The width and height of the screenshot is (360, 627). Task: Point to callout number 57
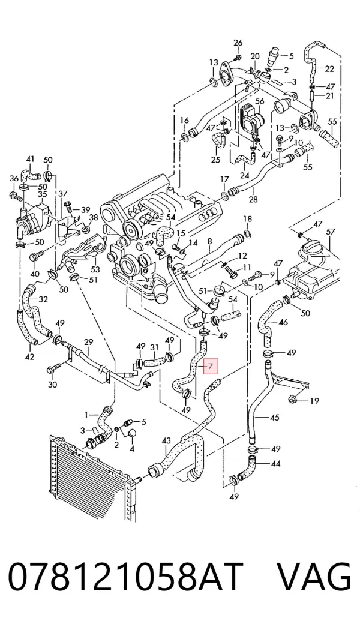click(330, 232)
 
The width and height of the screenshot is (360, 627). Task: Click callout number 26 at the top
click(238, 43)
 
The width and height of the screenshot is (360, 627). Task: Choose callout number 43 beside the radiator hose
click(166, 440)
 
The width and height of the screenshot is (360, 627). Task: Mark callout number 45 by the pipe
click(274, 418)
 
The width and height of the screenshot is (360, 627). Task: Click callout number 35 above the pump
click(43, 194)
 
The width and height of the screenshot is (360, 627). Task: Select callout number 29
click(88, 342)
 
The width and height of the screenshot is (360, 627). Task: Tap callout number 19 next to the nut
click(314, 400)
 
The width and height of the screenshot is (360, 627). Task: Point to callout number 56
click(260, 101)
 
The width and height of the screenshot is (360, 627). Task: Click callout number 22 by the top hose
click(329, 69)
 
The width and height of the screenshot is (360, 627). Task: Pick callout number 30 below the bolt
click(52, 384)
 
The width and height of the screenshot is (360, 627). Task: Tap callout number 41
click(31, 159)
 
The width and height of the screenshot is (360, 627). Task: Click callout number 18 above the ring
click(248, 219)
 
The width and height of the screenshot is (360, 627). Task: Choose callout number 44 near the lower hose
click(275, 463)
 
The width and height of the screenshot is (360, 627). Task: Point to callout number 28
click(253, 199)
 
